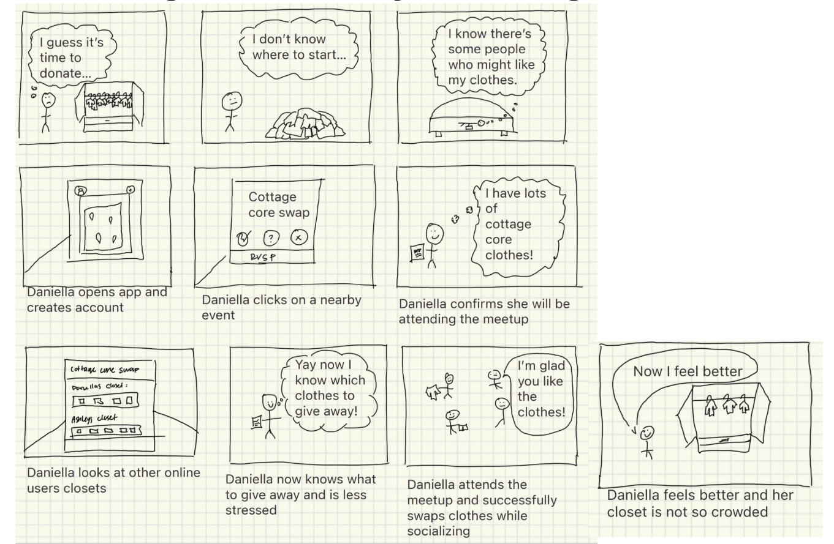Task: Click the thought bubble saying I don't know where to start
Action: tap(297, 48)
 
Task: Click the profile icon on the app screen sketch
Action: tap(80, 191)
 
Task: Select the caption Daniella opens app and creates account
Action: tap(96, 299)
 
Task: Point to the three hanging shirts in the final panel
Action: tap(727, 404)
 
